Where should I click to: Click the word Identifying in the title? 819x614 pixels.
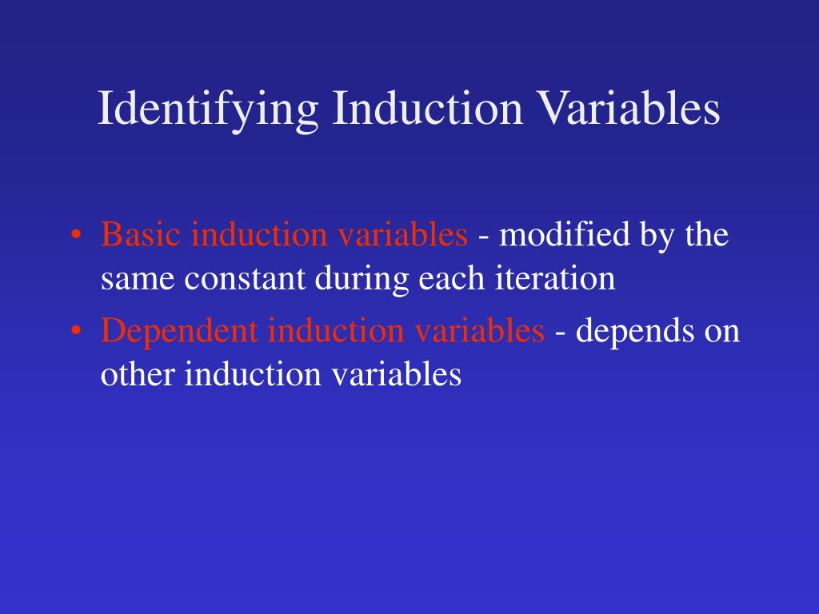click(207, 110)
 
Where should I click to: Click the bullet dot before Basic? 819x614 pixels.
click(76, 236)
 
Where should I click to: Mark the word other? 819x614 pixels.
click(138, 374)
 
